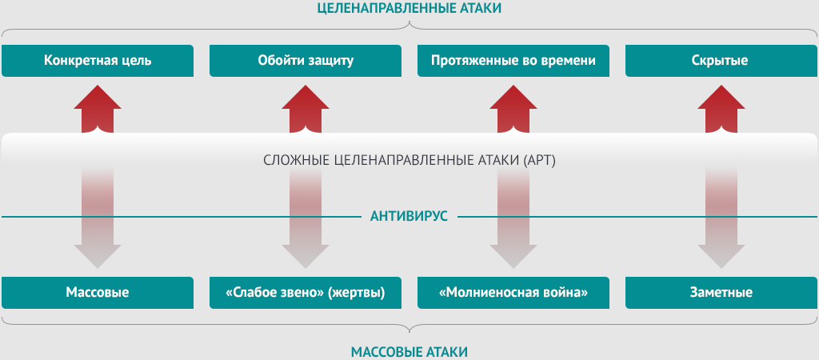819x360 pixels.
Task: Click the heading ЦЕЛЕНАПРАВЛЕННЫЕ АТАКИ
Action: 409,8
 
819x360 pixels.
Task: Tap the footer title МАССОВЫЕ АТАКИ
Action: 409,352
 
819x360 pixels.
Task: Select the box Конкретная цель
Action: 98,61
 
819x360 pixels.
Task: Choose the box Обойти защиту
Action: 306,61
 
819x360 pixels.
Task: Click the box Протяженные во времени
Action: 513,61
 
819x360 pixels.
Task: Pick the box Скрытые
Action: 721,61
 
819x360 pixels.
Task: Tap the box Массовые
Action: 98,293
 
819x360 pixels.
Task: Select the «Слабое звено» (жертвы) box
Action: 306,293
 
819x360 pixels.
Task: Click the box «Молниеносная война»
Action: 513,293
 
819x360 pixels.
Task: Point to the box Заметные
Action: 721,293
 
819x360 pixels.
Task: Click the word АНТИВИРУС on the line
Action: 409,216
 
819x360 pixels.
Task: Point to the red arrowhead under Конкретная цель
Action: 98,98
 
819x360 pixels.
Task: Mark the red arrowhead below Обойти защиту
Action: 306,98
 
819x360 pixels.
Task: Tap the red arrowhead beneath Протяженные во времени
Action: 513,98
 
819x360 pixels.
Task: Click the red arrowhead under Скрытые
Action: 721,98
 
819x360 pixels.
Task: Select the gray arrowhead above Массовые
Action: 98,256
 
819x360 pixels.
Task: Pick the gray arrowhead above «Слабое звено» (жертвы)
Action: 306,256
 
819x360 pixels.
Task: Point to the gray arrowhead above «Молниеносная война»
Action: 513,256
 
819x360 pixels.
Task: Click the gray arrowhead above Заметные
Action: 721,256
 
